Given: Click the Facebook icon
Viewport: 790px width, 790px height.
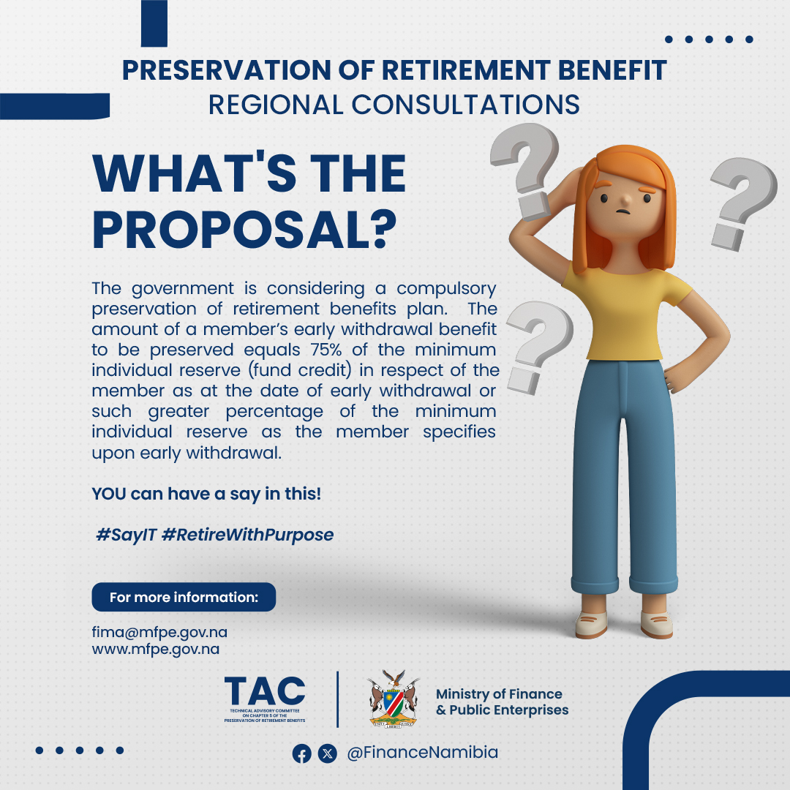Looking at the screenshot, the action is coord(302,753).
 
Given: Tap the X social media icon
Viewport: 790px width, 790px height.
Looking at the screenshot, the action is coord(328,753).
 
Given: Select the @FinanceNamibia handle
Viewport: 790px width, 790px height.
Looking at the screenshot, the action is coord(422,752).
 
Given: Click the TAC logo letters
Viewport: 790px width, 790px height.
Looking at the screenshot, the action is coord(265,691).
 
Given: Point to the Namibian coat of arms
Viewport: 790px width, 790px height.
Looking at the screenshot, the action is coord(394,699).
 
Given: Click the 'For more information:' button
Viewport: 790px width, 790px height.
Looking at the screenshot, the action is coord(184,597).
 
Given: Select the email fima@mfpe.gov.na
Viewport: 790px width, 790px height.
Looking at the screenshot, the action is coord(159,632).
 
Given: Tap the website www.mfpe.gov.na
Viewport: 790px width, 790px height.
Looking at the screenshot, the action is coord(156,649).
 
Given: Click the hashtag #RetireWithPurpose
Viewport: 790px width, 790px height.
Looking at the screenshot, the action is coord(247,535).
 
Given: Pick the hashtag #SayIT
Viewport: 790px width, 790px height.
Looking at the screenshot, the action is coord(127,535).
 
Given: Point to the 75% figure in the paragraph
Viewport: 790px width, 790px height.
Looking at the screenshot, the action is coord(326,349).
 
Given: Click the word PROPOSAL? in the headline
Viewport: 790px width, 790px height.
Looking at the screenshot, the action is coord(245,230).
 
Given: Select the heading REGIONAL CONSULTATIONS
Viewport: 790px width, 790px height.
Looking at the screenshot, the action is coord(394,105).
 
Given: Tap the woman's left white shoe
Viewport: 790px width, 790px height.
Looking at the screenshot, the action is coord(656,625).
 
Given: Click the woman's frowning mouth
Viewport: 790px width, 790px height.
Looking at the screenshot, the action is coord(624,211).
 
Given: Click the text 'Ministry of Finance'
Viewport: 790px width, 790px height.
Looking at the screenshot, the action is coord(499,694).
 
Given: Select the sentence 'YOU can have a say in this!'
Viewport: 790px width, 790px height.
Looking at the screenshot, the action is coord(206,494).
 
